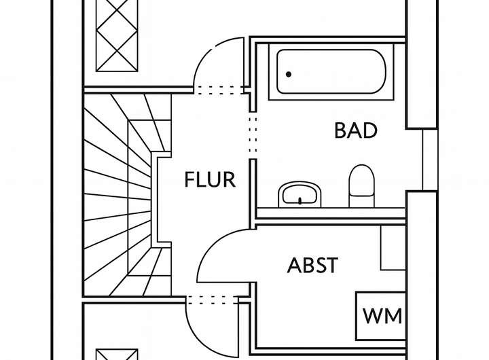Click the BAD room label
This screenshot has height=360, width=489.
tap(355, 130)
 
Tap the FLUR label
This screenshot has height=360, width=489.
tap(210, 180)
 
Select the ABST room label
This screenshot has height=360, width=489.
tap(312, 264)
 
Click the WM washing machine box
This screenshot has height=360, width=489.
tap(382, 316)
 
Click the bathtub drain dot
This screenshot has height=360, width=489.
tap(289, 73)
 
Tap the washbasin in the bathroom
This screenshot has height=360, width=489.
tap(300, 193)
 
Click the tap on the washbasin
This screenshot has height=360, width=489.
tap(300, 200)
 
